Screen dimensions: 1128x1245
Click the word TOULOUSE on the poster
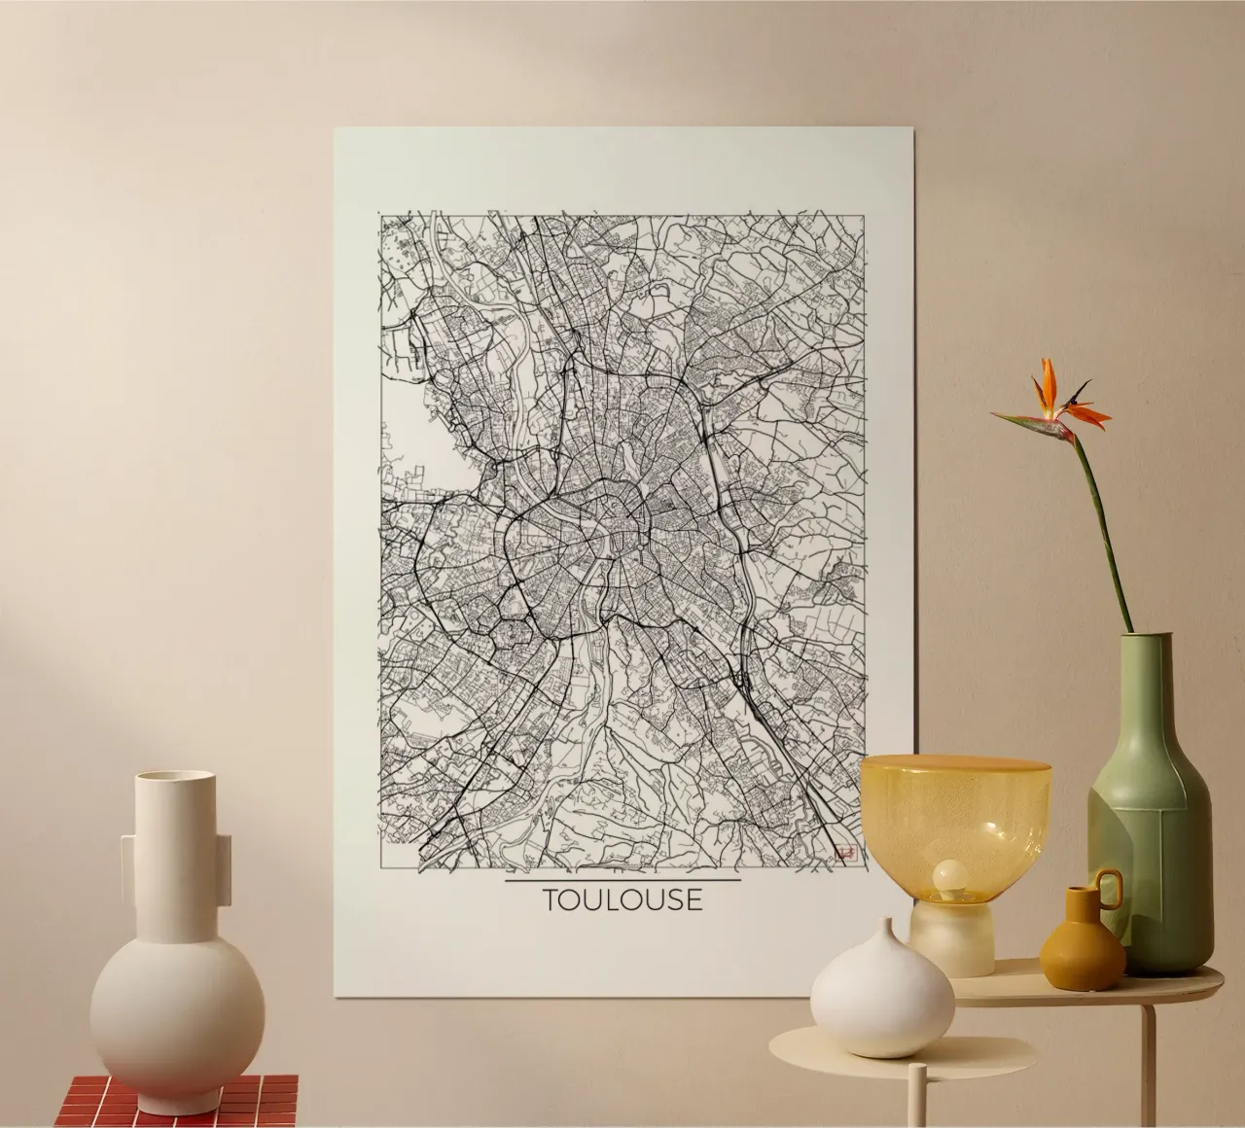[x=622, y=899]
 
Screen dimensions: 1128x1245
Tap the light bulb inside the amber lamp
[x=947, y=878]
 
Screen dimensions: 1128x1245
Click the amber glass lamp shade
[x=954, y=807]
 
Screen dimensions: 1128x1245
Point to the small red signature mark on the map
[x=844, y=854]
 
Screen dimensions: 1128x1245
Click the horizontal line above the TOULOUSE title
[x=622, y=880]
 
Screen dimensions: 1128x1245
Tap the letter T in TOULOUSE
[x=552, y=899]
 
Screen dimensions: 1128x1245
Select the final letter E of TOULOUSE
[x=692, y=899]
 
